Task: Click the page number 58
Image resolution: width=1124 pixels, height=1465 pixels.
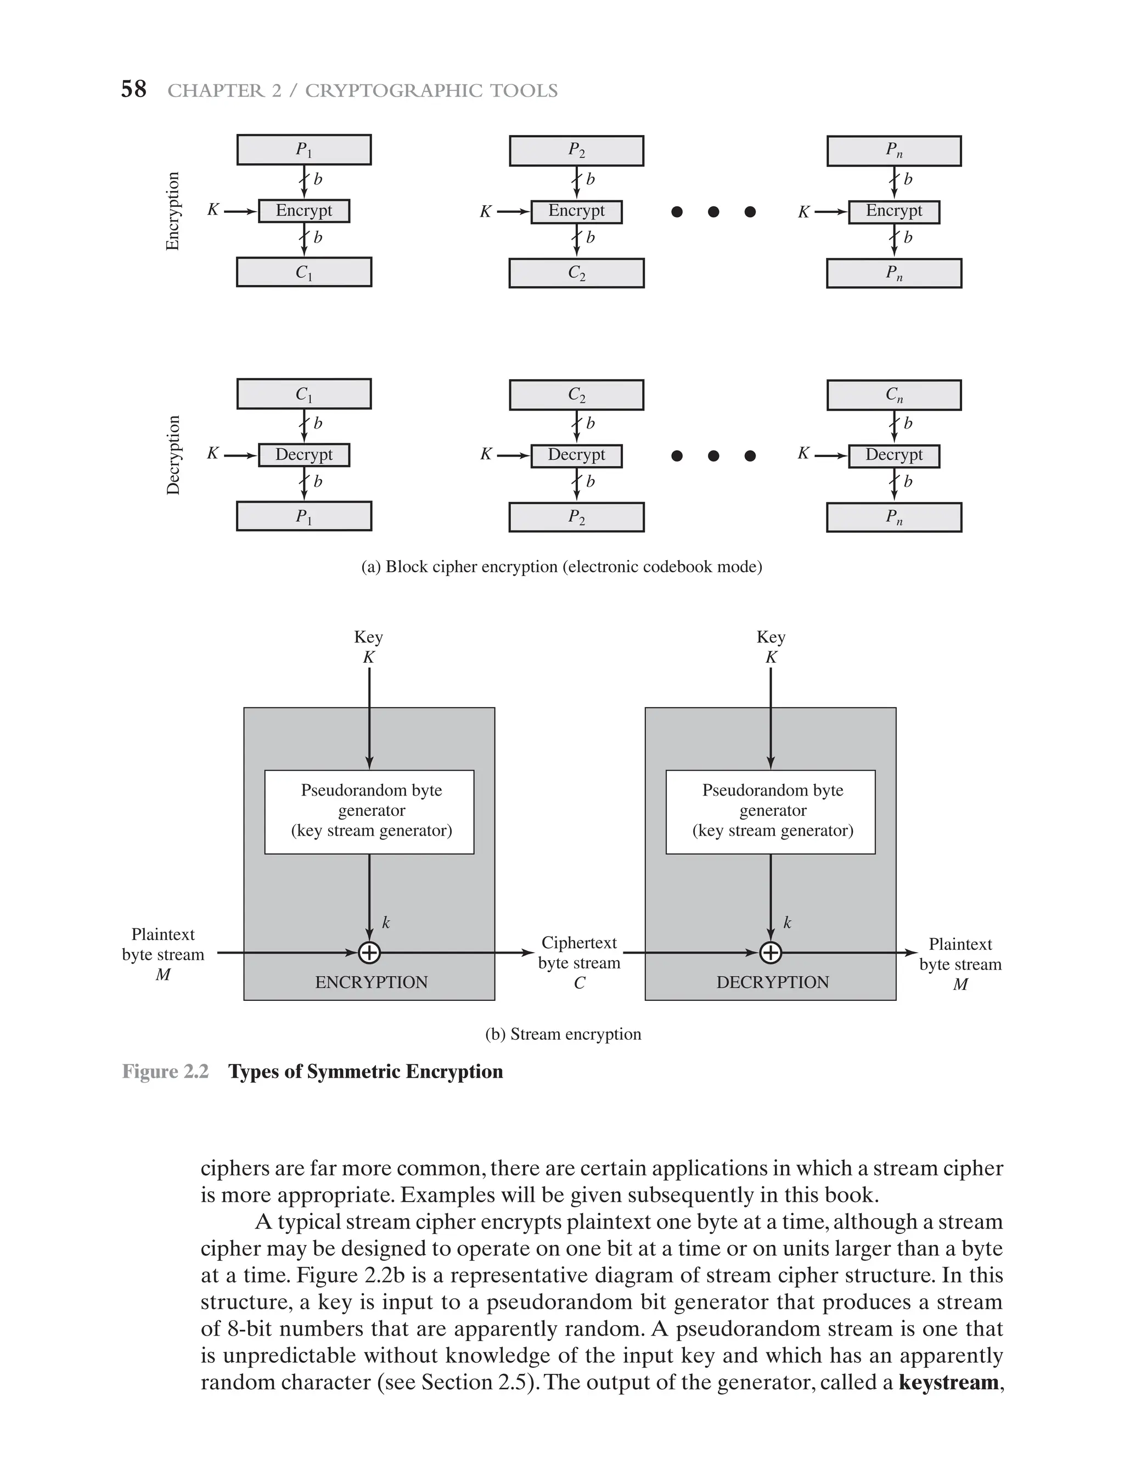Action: (133, 89)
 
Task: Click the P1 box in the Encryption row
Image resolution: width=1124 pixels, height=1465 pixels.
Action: (304, 150)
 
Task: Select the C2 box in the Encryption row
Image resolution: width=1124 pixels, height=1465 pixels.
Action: (576, 273)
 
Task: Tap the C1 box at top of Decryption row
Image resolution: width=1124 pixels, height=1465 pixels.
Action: (304, 394)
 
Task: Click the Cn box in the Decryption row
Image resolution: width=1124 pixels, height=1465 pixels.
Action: (894, 395)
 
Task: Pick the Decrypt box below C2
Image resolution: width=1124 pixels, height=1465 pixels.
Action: (576, 455)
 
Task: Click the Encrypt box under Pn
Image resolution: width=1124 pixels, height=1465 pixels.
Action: (894, 211)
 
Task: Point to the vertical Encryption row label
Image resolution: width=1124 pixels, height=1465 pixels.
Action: (173, 211)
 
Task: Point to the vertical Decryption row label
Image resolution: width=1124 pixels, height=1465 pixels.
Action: (173, 455)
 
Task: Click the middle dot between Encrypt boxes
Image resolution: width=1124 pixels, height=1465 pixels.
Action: (713, 212)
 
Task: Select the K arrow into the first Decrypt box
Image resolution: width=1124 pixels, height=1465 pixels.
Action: (239, 455)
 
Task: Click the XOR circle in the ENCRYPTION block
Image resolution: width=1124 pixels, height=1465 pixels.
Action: (369, 953)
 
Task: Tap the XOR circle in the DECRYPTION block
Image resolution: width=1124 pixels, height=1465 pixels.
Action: (771, 953)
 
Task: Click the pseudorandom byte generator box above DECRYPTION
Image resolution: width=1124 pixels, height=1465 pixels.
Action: (771, 812)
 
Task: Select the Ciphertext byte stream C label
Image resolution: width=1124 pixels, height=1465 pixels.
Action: (580, 962)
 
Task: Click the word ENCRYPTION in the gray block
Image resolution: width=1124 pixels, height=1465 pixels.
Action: (372, 982)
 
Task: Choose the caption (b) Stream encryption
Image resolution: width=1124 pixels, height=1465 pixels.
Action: (563, 1034)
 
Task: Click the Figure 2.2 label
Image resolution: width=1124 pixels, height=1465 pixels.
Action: (165, 1072)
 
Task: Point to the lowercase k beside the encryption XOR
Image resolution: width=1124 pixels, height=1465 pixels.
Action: (386, 923)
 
